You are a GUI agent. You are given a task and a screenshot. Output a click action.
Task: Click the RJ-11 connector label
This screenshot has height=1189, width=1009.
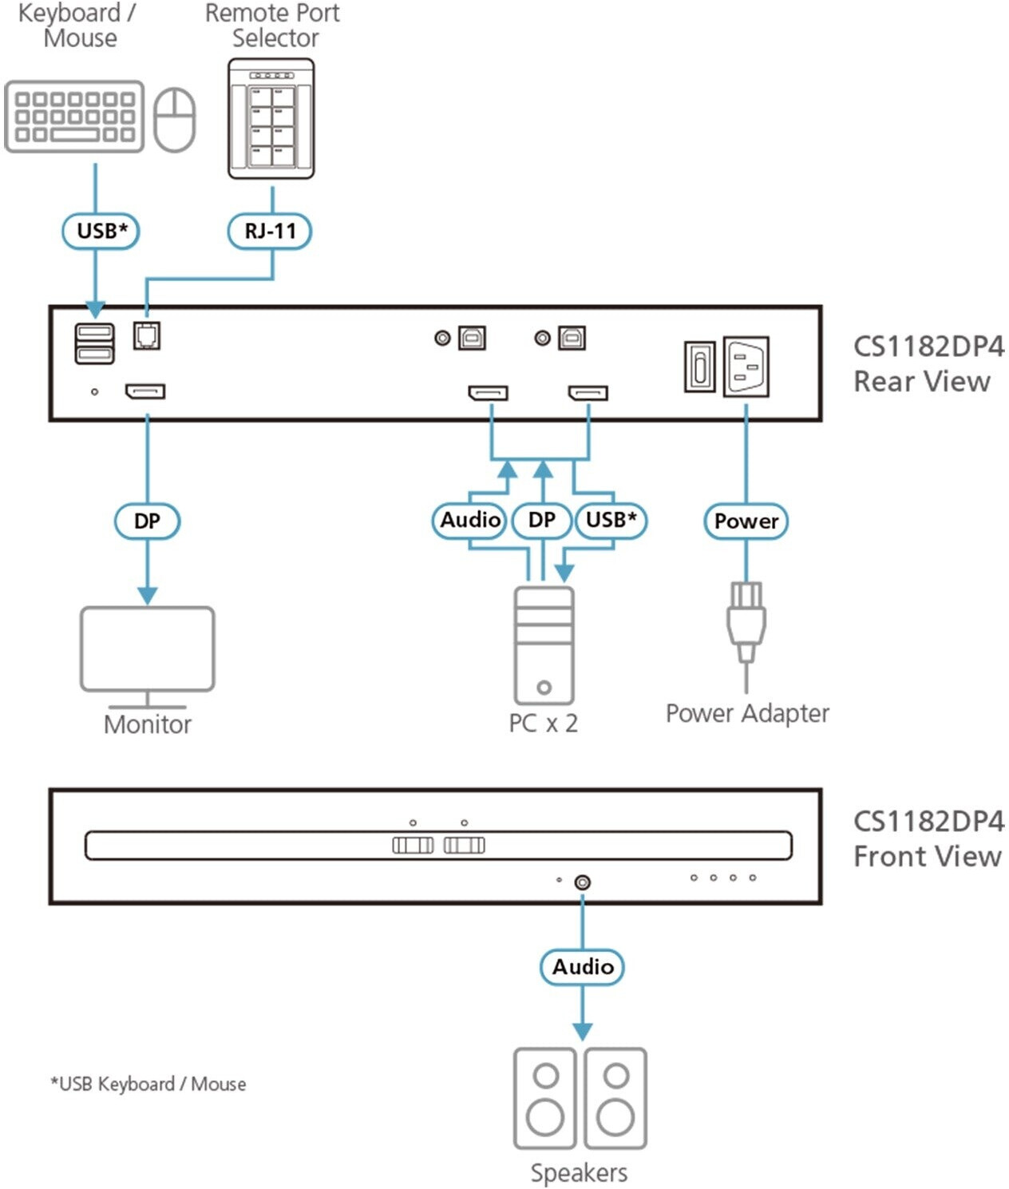[270, 232]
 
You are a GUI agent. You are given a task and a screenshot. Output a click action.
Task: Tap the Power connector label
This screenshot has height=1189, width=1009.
[746, 521]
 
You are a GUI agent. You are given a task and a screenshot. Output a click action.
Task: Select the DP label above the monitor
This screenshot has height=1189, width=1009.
[147, 521]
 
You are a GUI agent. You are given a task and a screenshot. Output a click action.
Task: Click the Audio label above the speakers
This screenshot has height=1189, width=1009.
[583, 967]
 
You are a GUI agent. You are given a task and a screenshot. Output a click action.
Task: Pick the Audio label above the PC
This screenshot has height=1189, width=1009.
[469, 521]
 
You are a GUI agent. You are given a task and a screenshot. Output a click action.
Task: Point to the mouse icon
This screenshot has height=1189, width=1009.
[175, 120]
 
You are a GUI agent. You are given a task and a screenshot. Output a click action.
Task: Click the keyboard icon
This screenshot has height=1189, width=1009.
[74, 117]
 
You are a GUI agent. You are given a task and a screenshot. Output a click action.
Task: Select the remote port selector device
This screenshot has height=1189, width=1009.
[271, 118]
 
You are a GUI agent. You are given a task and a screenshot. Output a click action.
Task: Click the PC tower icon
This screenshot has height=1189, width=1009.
[544, 645]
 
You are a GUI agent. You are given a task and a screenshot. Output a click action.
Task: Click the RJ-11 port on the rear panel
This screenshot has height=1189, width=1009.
[147, 335]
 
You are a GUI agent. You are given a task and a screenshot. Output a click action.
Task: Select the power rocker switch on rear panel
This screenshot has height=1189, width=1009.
[700, 367]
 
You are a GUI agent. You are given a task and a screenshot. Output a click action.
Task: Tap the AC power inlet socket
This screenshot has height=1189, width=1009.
[746, 367]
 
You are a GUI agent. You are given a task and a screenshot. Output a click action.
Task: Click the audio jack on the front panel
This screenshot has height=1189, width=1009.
[583, 882]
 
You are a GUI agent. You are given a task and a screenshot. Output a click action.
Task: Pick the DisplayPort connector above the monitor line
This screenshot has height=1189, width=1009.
[145, 392]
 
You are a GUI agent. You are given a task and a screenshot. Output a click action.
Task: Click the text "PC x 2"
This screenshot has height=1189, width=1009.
[544, 723]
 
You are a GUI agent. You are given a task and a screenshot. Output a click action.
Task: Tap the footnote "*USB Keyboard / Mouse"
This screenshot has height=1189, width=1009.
[148, 1084]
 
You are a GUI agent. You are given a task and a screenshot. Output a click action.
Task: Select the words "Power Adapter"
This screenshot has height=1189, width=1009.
[747, 714]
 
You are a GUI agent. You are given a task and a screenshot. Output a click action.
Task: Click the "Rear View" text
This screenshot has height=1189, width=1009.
[922, 382]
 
